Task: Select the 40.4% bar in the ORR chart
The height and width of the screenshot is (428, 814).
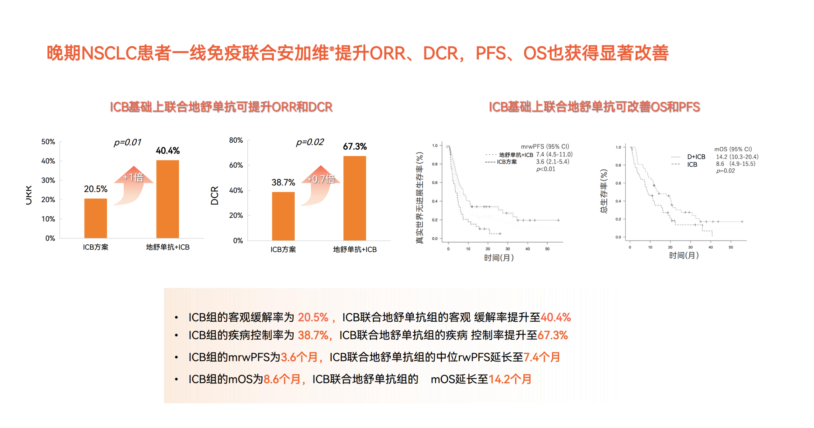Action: tap(167, 199)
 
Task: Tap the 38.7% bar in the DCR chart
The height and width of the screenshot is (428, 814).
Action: tap(283, 216)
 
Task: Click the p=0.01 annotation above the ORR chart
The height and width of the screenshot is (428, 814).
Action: tap(127, 142)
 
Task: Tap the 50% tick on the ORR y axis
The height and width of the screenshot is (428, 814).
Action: tap(48, 142)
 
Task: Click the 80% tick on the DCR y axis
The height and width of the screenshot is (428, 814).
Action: tap(236, 140)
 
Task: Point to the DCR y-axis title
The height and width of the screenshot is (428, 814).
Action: tap(215, 195)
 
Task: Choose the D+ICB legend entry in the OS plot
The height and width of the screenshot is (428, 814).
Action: tap(696, 157)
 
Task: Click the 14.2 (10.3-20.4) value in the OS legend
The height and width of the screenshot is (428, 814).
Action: tap(737, 157)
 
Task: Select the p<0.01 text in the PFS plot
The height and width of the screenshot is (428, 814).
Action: tap(545, 169)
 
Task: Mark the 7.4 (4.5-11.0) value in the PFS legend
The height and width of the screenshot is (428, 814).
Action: tap(554, 154)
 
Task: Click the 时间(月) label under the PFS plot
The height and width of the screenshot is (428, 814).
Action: tap(499, 258)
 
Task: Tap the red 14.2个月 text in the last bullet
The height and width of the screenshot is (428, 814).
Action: tap(509, 379)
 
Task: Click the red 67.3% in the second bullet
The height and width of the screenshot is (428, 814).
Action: tap(552, 335)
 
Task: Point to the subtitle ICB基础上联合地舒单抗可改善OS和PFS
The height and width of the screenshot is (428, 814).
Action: tap(594, 107)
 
